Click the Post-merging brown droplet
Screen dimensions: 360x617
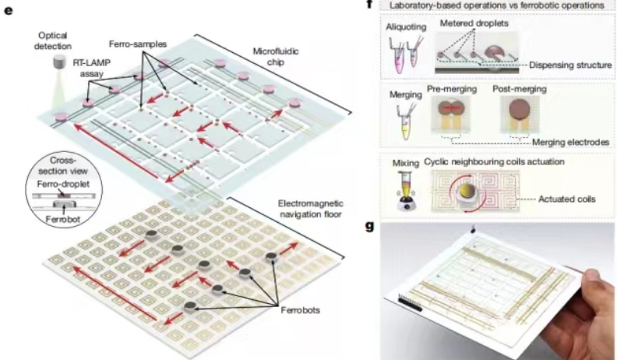tap(518, 111)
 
